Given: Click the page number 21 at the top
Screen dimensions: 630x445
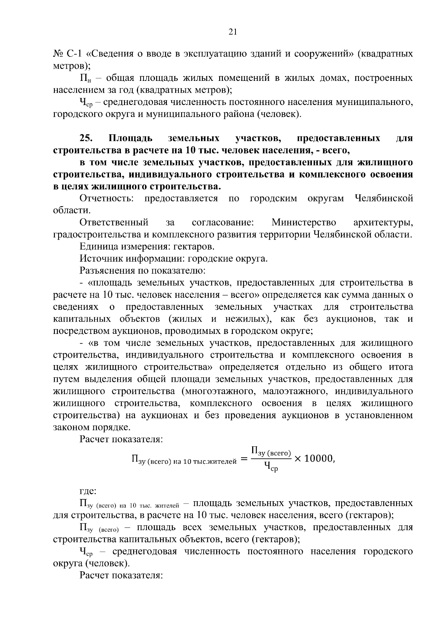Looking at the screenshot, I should click(233, 32).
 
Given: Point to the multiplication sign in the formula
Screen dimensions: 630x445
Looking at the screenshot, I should click(298, 459).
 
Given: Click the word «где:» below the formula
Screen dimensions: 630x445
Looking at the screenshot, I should click(88, 491).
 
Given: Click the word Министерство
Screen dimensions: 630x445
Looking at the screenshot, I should click(304, 222).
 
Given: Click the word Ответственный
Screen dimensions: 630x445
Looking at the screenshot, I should click(114, 222).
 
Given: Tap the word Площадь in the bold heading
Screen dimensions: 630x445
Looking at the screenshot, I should click(131, 138).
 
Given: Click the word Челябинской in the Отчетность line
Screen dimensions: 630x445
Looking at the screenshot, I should click(383, 198).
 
